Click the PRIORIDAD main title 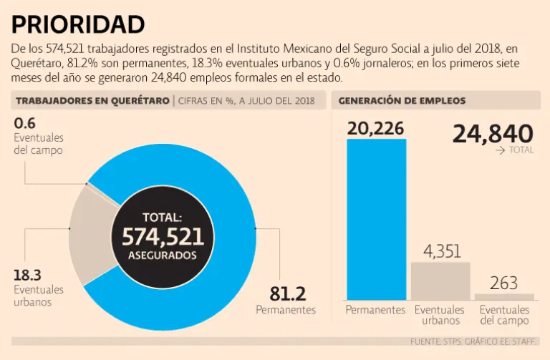[78, 24]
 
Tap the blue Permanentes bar [376, 218]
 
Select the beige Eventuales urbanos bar [440, 281]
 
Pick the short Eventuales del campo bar [504, 296]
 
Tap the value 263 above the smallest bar [504, 283]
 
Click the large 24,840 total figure [493, 133]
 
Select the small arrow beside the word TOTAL [500, 151]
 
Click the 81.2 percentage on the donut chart [288, 293]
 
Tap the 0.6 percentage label [24, 123]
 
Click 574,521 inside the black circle [163, 237]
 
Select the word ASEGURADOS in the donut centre [163, 256]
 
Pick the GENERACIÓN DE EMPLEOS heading [402, 101]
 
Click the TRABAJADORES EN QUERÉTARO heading [92, 101]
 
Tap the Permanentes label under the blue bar [376, 310]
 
